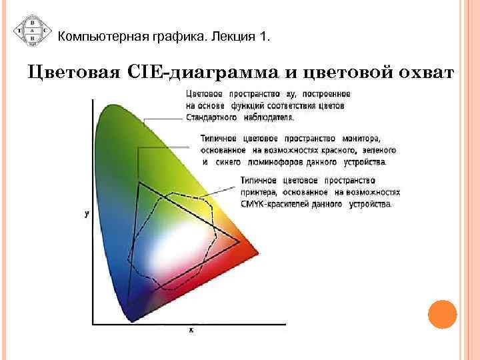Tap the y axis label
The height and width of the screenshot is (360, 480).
87,215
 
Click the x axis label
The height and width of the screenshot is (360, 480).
192,331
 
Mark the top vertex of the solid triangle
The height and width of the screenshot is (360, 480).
139,181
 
